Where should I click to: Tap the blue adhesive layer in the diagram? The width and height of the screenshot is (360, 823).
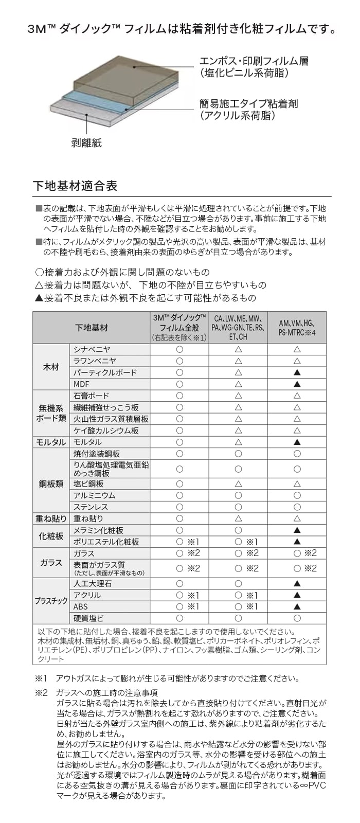98,101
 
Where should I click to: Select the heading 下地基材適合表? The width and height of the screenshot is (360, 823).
75,185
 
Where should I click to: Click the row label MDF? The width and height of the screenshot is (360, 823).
81,384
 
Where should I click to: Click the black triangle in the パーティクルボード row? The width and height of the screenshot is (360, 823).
297,372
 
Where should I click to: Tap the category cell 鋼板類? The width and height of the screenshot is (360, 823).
51,484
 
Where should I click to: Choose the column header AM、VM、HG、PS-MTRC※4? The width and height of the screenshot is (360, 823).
297,328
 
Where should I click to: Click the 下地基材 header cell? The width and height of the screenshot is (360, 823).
92,328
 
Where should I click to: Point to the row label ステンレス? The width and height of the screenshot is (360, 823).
91,507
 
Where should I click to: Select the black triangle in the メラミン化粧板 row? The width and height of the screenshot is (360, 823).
297,530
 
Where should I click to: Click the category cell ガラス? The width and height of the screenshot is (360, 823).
51,563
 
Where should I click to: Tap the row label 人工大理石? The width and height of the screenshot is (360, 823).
93,584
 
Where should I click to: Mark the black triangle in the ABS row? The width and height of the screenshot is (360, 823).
297,606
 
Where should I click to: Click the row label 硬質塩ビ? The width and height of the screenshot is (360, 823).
88,618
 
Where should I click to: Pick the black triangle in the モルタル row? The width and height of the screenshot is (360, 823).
297,442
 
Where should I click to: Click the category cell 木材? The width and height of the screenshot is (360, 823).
51,367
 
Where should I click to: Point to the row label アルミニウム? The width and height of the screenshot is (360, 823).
95,495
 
